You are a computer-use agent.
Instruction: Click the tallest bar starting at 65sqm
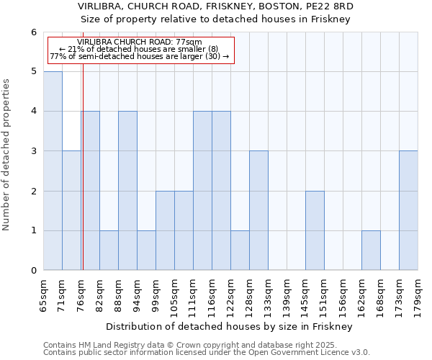(53, 171)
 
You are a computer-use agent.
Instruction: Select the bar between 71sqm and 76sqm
(71, 210)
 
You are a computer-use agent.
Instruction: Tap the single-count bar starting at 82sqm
(109, 251)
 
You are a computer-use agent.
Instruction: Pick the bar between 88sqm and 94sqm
(127, 191)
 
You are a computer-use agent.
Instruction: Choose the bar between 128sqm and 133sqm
(258, 210)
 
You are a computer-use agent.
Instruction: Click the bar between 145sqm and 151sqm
(315, 230)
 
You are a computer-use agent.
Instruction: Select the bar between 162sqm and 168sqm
(371, 251)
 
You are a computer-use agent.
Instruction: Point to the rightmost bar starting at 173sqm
(408, 210)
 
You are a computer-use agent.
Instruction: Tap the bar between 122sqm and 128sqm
(240, 251)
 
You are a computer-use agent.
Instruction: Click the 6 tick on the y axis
(33, 32)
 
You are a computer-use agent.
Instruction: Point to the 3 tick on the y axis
(33, 151)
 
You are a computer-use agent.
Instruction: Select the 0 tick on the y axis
(33, 271)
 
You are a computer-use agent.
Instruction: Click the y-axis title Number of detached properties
(7, 155)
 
